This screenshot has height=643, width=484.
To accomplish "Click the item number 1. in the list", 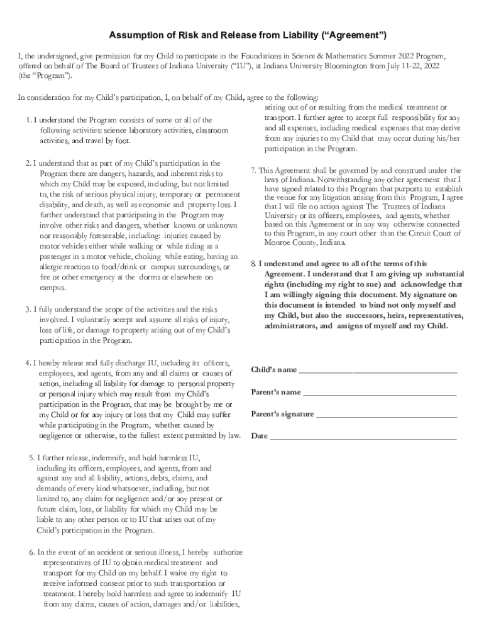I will click(x=29, y=120).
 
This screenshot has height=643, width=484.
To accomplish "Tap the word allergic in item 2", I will click(x=52, y=267).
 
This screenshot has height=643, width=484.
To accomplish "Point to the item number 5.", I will click(x=33, y=457).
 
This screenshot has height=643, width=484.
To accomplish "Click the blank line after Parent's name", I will click(x=380, y=394).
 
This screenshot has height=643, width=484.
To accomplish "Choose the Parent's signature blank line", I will click(x=386, y=416).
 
